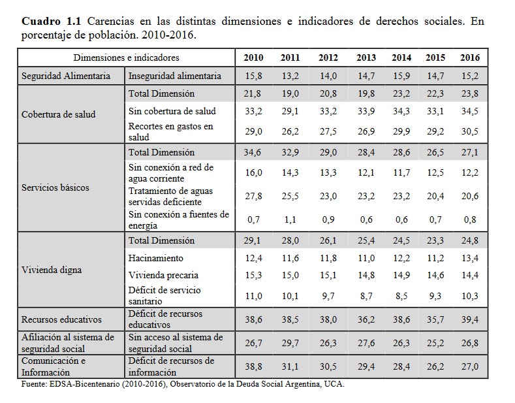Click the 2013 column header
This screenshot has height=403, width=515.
point(366,57)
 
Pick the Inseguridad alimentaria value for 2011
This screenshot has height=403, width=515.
point(290,76)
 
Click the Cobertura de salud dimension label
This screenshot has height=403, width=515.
point(59,114)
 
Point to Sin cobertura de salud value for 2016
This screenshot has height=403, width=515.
point(469,112)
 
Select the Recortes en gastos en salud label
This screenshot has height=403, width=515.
point(171,131)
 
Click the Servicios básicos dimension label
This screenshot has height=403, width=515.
point(55,187)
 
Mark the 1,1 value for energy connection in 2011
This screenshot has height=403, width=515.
point(290,219)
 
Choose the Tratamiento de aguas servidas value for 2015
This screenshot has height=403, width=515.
point(435,196)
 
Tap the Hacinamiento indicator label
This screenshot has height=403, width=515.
point(156,259)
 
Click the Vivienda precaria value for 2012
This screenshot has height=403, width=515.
point(328,275)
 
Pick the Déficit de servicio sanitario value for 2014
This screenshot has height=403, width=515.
point(401,295)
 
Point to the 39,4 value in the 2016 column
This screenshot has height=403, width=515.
point(469,319)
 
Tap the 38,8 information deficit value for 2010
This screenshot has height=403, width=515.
point(253,366)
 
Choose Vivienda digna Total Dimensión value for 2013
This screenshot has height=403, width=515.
point(366,240)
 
